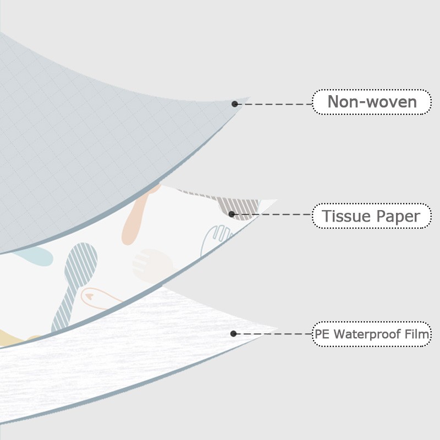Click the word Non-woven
pyautogui.click(x=372, y=102)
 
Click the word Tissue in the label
pyautogui.click(x=343, y=217)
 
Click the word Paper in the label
pyautogui.click(x=397, y=217)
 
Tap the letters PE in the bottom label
pyautogui.click(x=323, y=334)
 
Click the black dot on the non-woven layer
pyautogui.click(x=235, y=104)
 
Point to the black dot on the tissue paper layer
pyautogui.click(x=232, y=215)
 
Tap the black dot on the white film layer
pyautogui.click(x=233, y=333)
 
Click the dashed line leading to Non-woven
pyautogui.click(x=275, y=104)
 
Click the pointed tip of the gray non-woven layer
pyautogui.click(x=248, y=99)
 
